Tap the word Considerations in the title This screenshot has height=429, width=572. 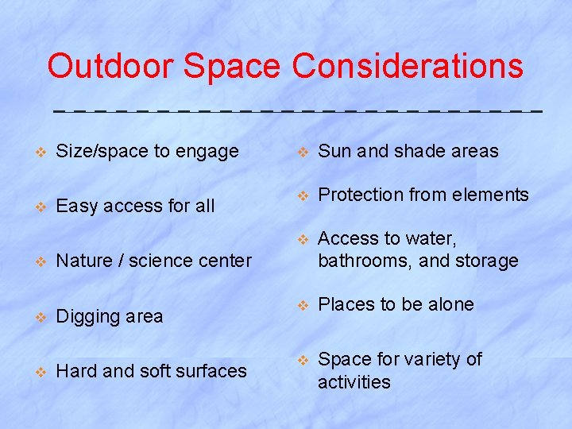[408, 66]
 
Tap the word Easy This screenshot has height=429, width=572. [76, 207]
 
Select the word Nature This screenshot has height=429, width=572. [83, 261]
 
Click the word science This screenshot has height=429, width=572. [160, 261]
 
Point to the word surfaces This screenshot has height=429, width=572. [212, 370]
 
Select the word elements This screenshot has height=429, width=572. [493, 195]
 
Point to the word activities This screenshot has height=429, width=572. [354, 382]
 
